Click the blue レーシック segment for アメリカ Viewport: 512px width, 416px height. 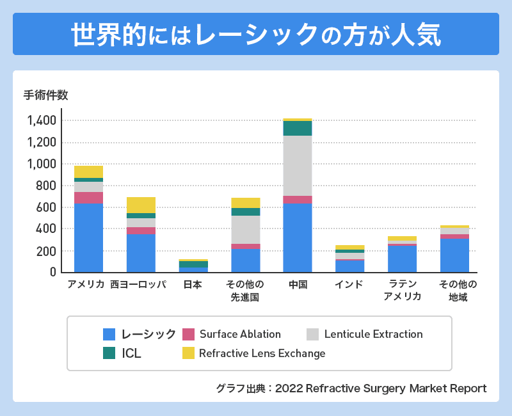click(88, 237)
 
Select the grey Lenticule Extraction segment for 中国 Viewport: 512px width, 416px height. click(298, 166)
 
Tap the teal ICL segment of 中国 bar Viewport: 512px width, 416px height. click(298, 128)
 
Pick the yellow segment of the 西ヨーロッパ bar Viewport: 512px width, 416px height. click(141, 205)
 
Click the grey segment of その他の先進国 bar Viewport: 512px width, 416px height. click(245, 230)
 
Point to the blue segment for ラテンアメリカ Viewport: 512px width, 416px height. click(402, 259)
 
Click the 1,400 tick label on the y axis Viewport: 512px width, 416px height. click(42, 120)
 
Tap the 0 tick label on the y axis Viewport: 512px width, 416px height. click(53, 273)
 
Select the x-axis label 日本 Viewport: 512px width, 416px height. click(193, 285)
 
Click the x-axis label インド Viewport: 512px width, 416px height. click(349, 285)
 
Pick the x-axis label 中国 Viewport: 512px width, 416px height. click(298, 285)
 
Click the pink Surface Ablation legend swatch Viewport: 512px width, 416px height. click(188, 334)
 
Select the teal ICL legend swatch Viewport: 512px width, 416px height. click(109, 353)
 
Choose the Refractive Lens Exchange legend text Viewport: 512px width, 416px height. click(262, 353)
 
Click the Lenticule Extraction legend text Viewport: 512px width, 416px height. click(373, 334)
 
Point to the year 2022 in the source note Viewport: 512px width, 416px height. click(289, 388)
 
